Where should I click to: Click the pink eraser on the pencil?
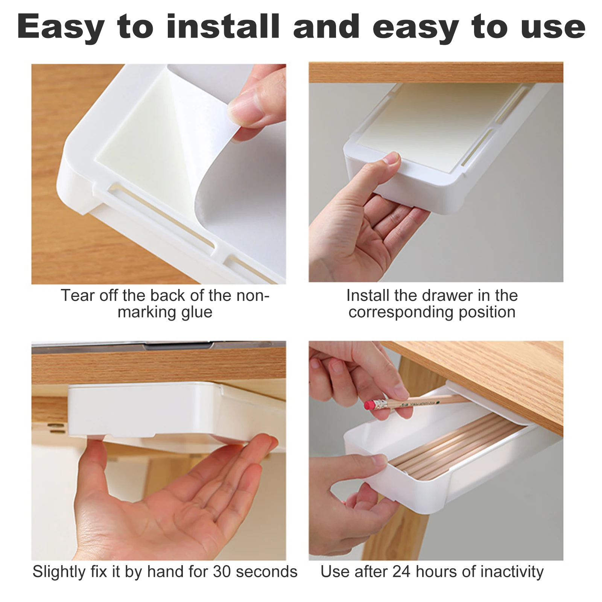click(370, 405)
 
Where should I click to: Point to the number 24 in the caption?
click(402, 572)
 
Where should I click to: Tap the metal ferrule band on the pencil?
click(382, 404)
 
